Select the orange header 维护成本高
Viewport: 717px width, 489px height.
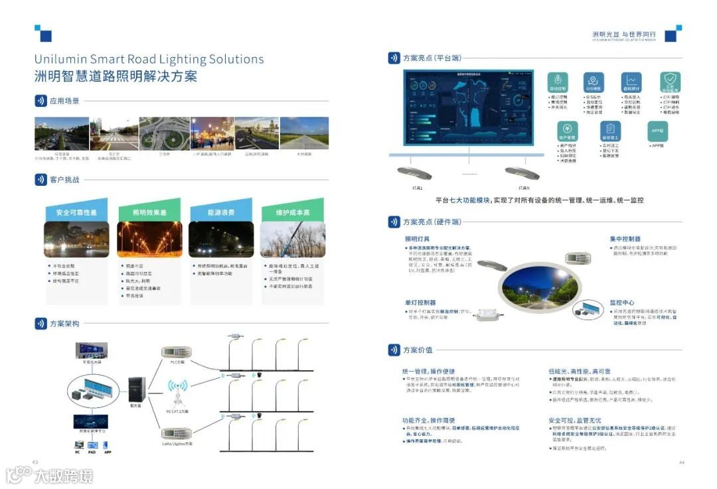point(293,213)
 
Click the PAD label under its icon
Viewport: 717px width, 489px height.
point(92,452)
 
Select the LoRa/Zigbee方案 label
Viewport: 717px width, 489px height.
point(177,443)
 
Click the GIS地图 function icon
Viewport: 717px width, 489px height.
point(594,82)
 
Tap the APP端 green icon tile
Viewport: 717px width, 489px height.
point(657,131)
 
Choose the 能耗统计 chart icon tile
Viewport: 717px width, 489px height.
point(631,82)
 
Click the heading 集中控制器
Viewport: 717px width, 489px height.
point(625,239)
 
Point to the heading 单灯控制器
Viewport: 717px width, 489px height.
point(420,303)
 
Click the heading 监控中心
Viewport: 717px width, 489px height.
point(623,302)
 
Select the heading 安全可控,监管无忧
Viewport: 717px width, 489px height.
point(575,421)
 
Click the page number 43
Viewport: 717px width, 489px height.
point(36,462)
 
